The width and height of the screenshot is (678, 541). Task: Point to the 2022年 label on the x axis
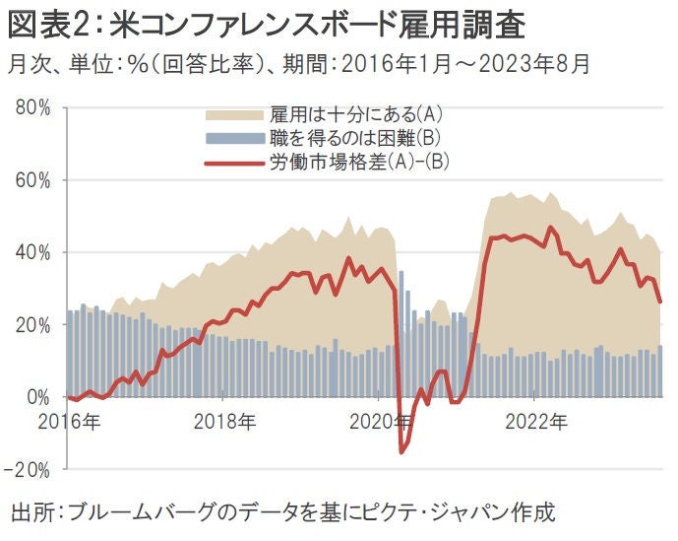(x=534, y=422)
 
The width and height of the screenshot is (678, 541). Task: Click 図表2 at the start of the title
(x=49, y=22)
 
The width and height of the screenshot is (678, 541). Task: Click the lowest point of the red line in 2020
(x=401, y=452)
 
